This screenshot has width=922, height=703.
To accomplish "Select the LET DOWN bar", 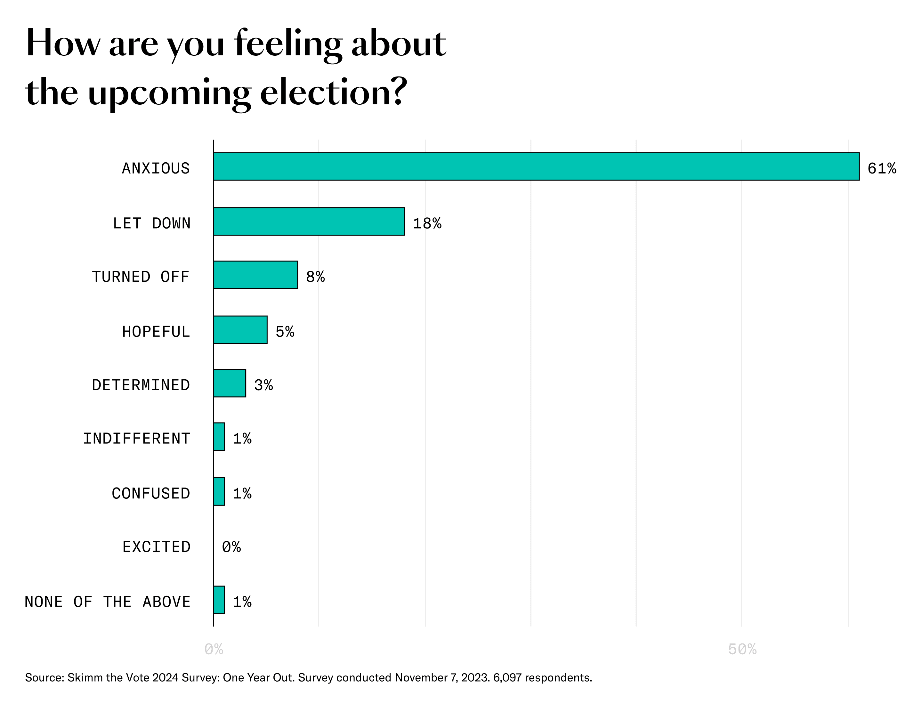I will (309, 221).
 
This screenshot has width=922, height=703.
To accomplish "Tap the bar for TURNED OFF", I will (255, 275).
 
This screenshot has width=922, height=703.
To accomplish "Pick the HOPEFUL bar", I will (240, 330).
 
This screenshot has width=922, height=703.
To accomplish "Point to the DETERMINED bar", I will (229, 383).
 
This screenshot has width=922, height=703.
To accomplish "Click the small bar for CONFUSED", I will (219, 492).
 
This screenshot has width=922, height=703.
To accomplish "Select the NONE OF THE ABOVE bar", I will (219, 600).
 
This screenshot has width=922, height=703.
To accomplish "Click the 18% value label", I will (427, 223).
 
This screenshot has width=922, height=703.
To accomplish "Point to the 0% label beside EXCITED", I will (231, 547).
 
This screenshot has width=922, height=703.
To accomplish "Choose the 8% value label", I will (315, 277).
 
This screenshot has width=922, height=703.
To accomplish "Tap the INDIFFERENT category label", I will (136, 439).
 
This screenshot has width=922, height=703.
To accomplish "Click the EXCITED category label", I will (156, 547).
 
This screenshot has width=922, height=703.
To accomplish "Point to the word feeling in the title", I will (288, 44).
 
